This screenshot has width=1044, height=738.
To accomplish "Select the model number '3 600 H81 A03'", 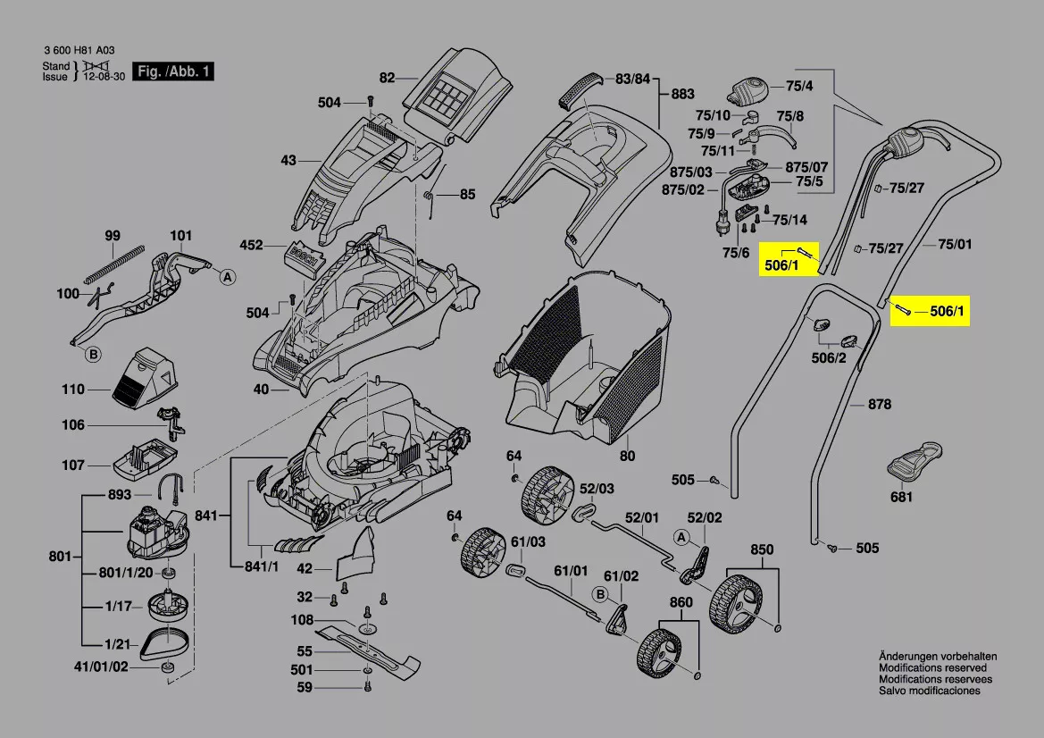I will coord(78,52).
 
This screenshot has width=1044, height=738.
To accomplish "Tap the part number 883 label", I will coord(682,94).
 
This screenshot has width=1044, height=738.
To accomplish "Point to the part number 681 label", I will coord(901,497).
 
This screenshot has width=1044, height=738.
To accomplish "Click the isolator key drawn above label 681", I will coord(913,459).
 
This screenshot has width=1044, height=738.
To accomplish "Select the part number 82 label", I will coord(386,79).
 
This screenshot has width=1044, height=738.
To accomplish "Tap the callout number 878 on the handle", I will coord(880,405).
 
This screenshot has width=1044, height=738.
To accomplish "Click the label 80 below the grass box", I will coord(627,456).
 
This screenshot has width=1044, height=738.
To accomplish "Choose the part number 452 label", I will coord(251,245).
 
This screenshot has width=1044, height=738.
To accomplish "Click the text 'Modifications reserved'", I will coord(932,667).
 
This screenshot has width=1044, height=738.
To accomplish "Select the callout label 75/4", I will coord(799,87).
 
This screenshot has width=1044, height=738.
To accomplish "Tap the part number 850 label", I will coord(761,549).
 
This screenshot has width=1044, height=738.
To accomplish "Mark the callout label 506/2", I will coord(828,358).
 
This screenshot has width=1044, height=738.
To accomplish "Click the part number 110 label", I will coord(73,390).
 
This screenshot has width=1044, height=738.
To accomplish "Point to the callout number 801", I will coord(60,558).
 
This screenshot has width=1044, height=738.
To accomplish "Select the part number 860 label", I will coord(681,603).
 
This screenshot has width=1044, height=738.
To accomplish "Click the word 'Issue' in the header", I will coord(55,77).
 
